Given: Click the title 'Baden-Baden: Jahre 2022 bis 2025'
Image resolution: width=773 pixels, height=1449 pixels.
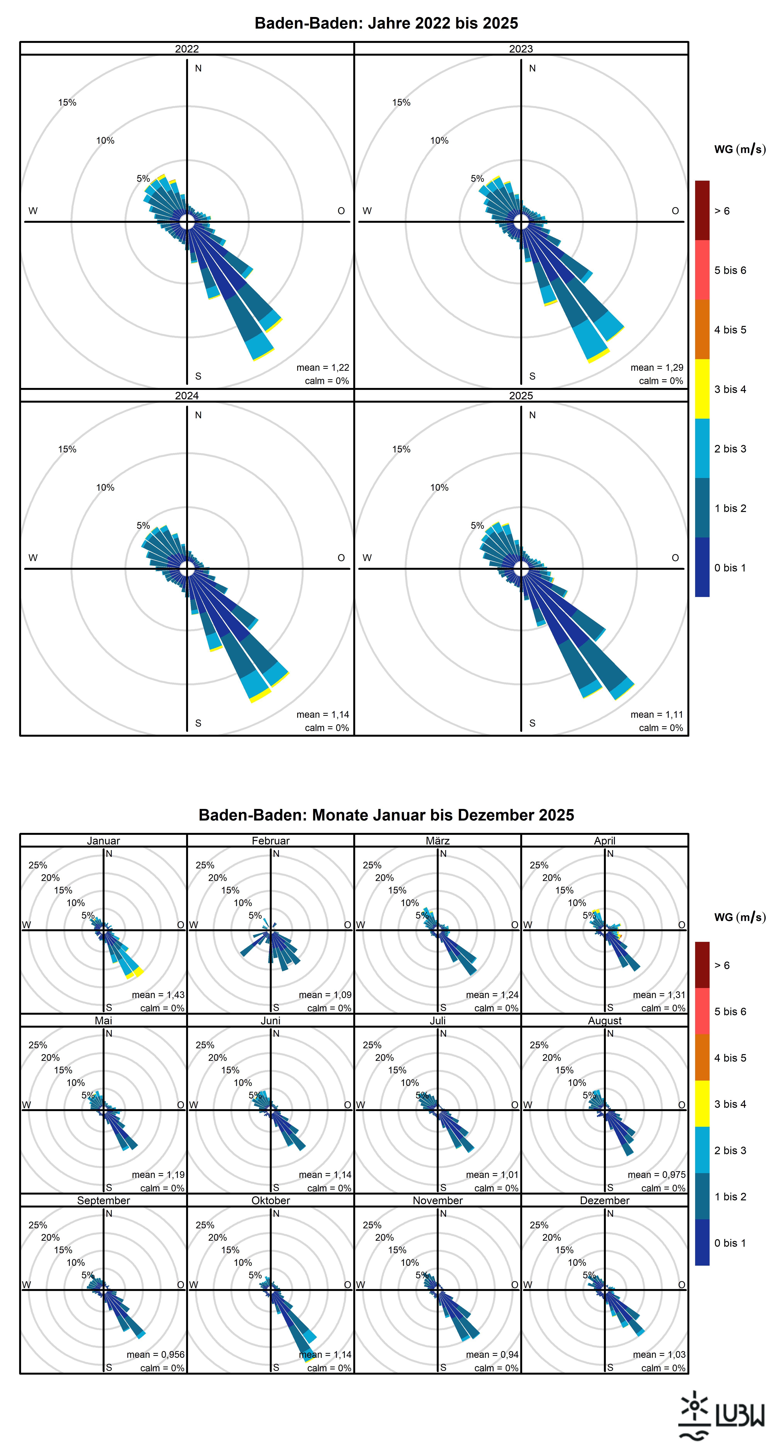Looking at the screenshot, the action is click(x=386, y=23).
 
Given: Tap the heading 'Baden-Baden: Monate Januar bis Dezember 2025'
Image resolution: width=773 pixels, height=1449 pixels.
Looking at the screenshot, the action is click(x=386, y=815).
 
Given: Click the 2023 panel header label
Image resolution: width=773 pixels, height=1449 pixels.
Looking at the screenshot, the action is click(x=521, y=49).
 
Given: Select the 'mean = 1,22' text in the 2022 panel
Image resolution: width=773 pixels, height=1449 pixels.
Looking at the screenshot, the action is click(x=323, y=367).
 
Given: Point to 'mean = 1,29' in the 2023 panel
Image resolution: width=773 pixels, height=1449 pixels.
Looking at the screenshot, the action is click(x=657, y=367).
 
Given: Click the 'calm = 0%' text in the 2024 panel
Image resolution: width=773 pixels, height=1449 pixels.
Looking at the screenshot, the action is click(x=327, y=728).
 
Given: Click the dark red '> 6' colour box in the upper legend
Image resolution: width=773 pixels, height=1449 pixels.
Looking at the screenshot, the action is click(x=702, y=210).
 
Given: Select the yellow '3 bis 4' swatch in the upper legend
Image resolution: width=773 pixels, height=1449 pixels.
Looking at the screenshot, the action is click(x=702, y=389).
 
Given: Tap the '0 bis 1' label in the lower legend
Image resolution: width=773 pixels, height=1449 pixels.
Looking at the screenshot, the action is click(x=730, y=1242).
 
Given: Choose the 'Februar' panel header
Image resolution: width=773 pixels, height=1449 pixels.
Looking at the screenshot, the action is click(x=271, y=840).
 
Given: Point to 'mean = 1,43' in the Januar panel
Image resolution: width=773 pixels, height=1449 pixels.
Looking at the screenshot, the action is click(x=158, y=995).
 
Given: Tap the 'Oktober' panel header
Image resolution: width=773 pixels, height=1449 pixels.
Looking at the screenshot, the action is click(x=271, y=1200).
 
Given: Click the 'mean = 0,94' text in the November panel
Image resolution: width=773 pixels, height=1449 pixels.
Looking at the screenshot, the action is click(x=492, y=1355).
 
